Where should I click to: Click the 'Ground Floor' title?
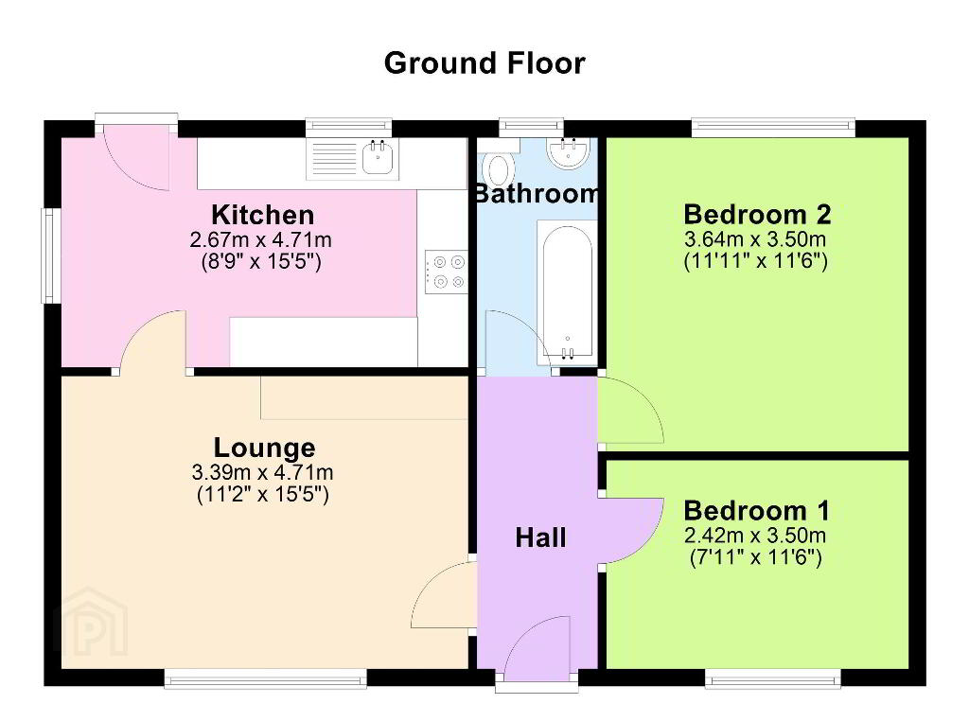click(x=484, y=63)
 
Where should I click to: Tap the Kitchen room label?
click(x=263, y=215)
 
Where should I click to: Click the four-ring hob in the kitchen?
click(x=447, y=272)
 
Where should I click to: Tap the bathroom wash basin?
click(x=569, y=152)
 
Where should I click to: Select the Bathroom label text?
click(x=537, y=193)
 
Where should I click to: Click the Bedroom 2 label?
click(x=757, y=215)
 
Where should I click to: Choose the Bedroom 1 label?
click(x=756, y=511)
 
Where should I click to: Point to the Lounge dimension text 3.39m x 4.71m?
click(x=263, y=473)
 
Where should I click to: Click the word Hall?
click(x=540, y=537)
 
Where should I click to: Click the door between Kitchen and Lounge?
click(x=153, y=342)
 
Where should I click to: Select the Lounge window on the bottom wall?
click(x=266, y=678)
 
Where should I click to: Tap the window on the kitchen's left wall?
click(x=50, y=255)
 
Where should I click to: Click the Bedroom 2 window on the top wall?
click(x=773, y=128)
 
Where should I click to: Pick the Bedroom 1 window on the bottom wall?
click(x=773, y=678)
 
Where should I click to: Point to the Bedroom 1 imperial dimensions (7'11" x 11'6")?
click(x=756, y=558)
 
